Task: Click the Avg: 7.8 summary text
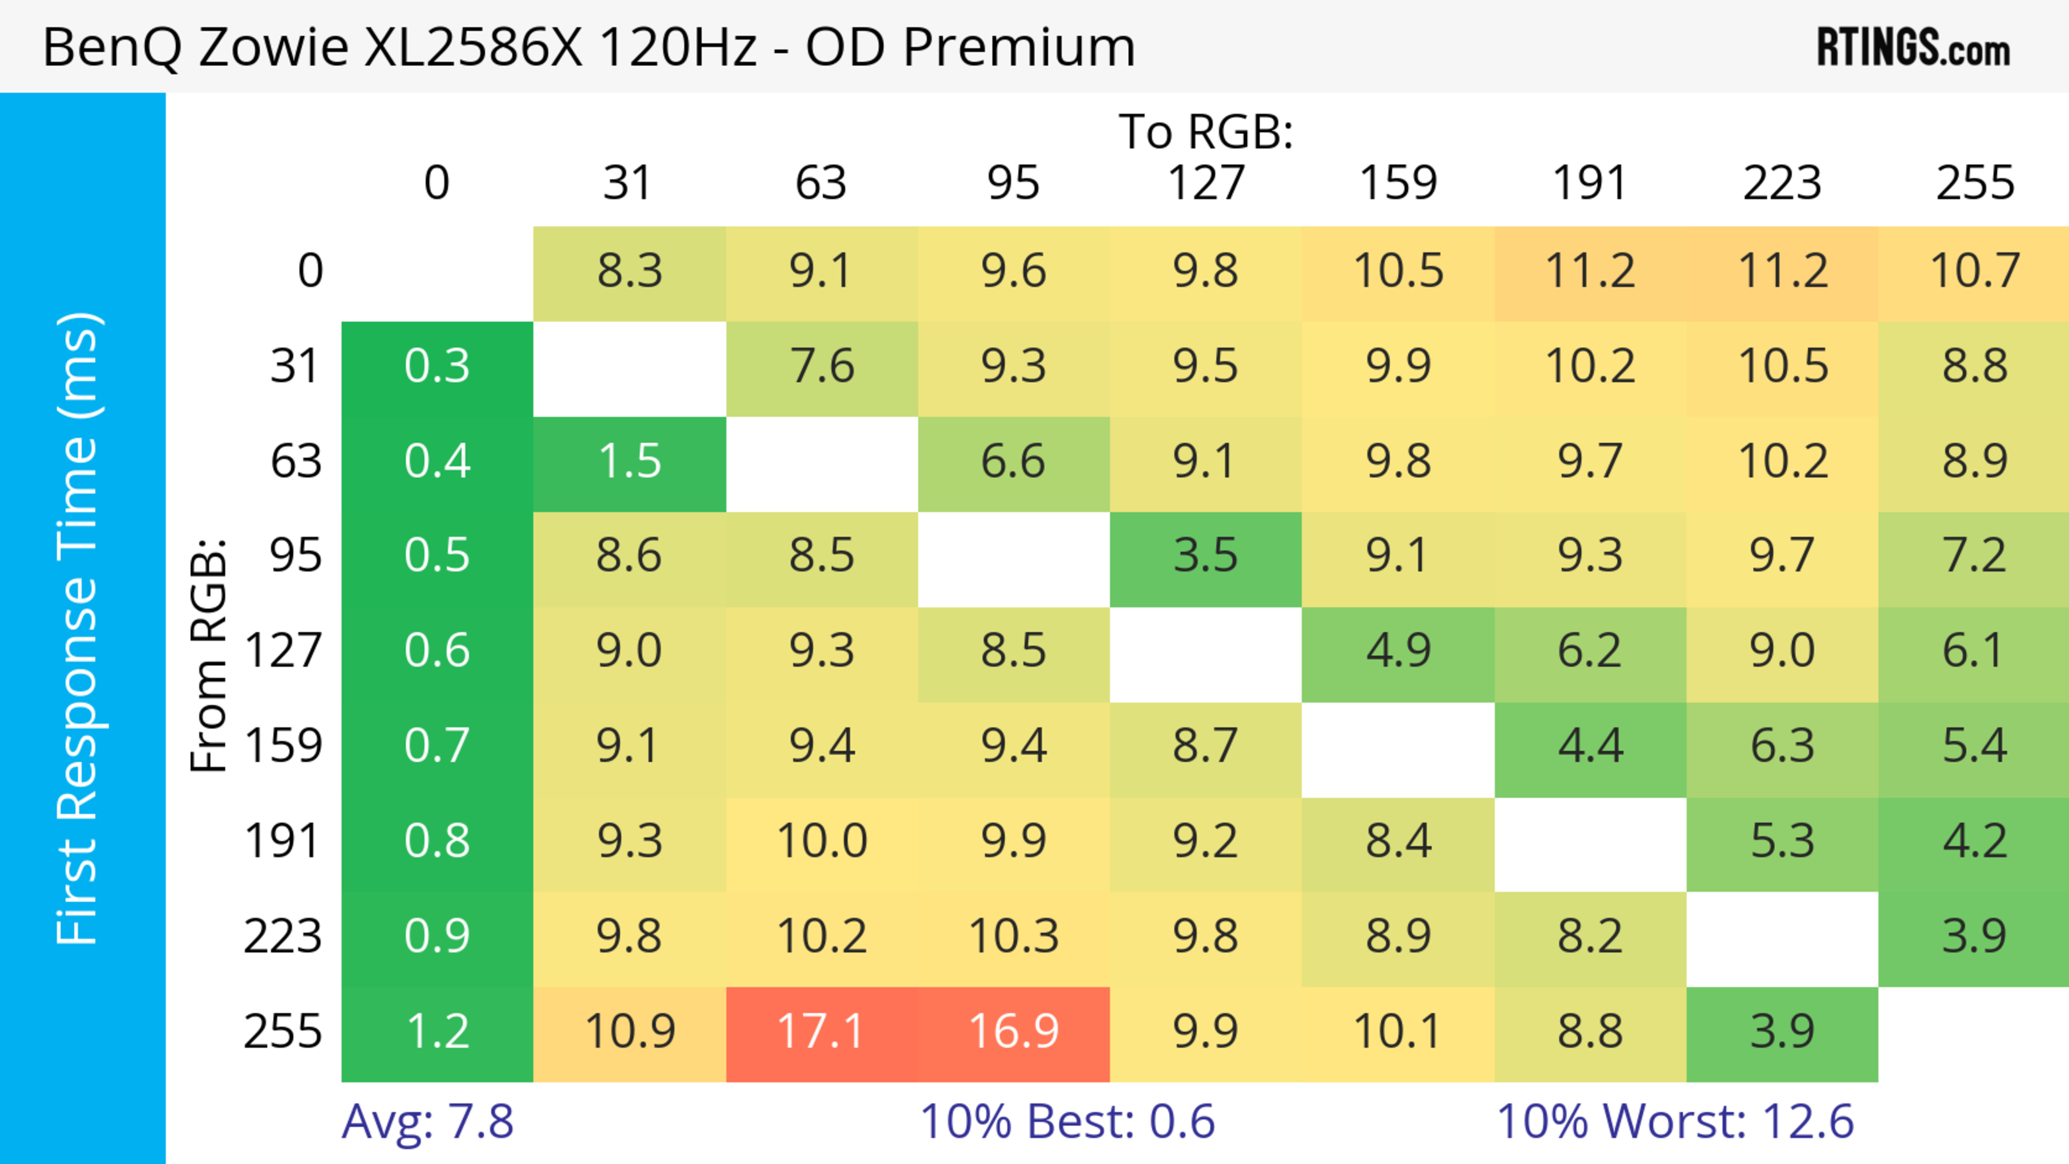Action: point(427,1121)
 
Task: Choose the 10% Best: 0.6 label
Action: point(1067,1121)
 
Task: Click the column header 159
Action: point(1398,183)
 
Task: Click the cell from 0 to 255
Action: point(1974,271)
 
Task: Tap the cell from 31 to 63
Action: point(821,367)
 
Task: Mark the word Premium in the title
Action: point(1018,46)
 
